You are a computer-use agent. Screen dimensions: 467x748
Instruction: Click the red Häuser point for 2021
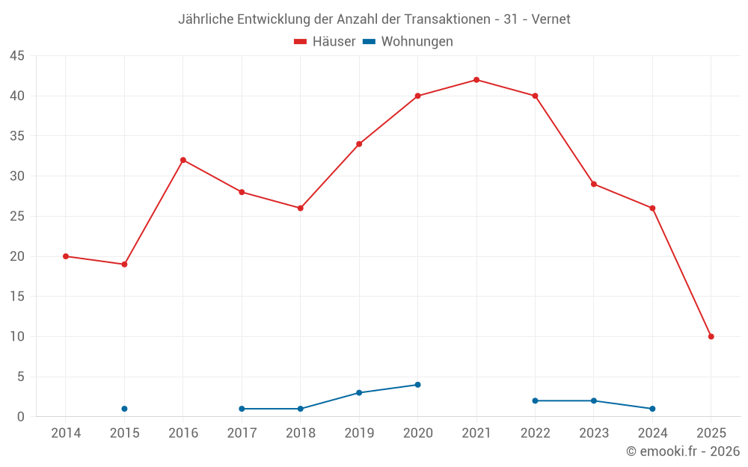click(x=476, y=80)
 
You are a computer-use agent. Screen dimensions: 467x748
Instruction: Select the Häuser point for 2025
click(x=711, y=336)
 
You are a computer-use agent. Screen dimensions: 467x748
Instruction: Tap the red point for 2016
click(x=183, y=160)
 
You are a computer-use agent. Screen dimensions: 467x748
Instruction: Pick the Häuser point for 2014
click(x=66, y=256)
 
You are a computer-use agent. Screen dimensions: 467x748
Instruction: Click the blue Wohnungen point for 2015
click(x=124, y=409)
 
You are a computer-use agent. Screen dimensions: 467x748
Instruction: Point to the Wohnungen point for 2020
click(x=417, y=385)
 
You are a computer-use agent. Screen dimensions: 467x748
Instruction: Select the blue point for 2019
click(x=359, y=393)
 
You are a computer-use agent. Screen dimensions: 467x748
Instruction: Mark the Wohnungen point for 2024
click(x=652, y=409)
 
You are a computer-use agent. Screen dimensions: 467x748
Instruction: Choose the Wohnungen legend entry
click(x=408, y=42)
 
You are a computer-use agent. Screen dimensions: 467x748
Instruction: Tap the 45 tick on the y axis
click(x=17, y=56)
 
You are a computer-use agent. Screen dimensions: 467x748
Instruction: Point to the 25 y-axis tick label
click(x=17, y=217)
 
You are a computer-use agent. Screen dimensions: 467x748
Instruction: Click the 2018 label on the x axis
click(x=300, y=433)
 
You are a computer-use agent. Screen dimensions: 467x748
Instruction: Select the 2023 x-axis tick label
click(x=594, y=433)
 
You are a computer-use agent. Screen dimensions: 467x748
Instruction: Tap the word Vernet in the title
click(x=551, y=19)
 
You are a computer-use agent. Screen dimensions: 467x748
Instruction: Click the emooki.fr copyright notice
click(x=682, y=451)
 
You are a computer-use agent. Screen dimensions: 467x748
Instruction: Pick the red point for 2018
click(x=300, y=208)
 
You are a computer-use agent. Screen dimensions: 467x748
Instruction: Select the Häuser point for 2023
click(x=594, y=184)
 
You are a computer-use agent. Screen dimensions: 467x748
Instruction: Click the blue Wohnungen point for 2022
click(x=535, y=400)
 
